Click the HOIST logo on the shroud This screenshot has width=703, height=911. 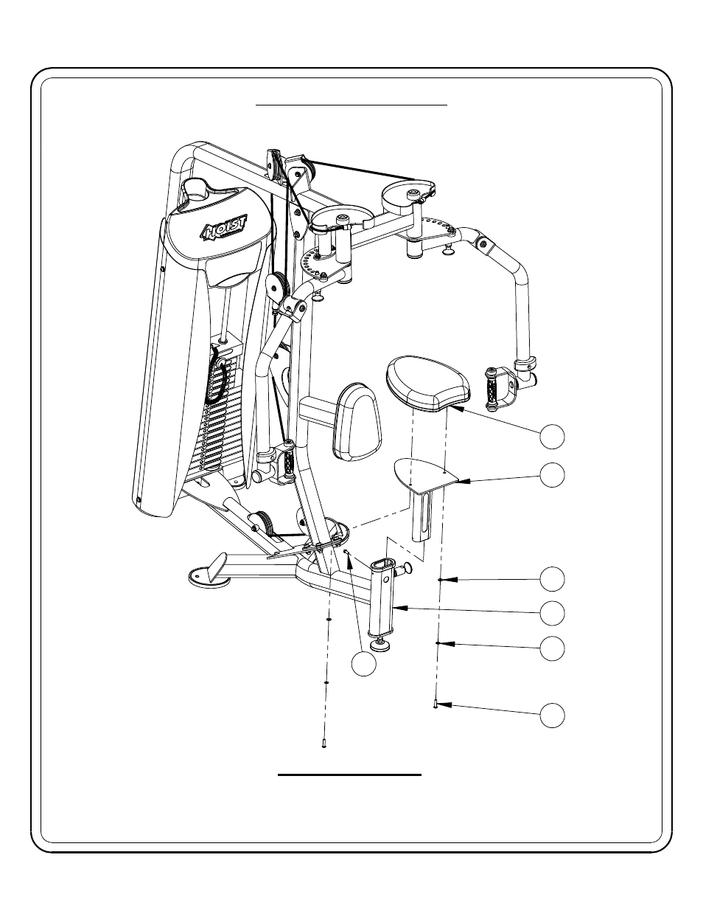pyautogui.click(x=225, y=228)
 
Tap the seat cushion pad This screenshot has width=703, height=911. pyautogui.click(x=428, y=383)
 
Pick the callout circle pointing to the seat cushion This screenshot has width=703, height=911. pyautogui.click(x=552, y=437)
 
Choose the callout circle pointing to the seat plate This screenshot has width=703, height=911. pyautogui.click(x=552, y=475)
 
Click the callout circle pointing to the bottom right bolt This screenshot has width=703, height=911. pyautogui.click(x=552, y=716)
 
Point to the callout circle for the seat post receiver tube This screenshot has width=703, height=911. pyautogui.click(x=552, y=613)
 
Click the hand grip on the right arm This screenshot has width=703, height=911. pyautogui.click(x=491, y=388)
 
